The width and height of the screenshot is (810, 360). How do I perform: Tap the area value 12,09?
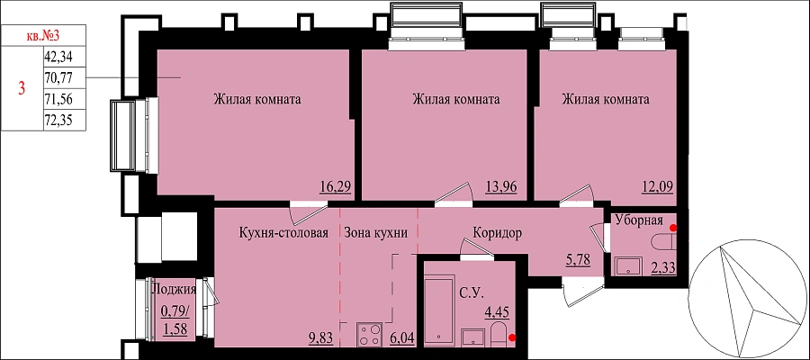(661, 186)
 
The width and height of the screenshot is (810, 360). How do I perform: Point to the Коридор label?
(497, 232)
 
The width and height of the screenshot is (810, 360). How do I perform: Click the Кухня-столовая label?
(283, 232)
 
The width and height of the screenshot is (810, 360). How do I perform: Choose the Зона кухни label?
(376, 232)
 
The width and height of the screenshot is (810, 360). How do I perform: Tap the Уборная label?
(639, 220)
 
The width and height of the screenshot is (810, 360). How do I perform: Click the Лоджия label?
(174, 290)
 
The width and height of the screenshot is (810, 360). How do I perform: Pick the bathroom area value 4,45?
(495, 312)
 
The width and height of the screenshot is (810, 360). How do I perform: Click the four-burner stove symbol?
(370, 334)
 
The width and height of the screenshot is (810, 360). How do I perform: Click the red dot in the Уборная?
(673, 228)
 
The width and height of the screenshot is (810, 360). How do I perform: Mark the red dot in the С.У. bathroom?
(512, 338)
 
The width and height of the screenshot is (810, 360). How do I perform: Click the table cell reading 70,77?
(58, 78)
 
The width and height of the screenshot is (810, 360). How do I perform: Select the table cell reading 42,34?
(58, 57)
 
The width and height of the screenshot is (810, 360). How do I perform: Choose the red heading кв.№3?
(43, 36)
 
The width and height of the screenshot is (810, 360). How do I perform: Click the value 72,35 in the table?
(58, 121)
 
